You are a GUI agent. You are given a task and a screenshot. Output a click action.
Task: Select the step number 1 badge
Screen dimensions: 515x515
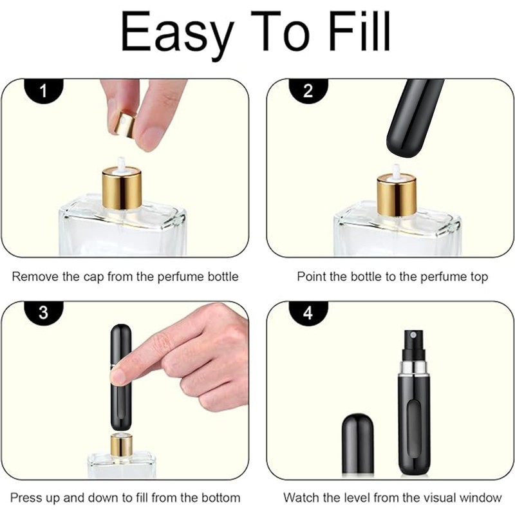[44, 91]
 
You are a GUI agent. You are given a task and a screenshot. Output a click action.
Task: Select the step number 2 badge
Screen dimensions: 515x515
[308, 91]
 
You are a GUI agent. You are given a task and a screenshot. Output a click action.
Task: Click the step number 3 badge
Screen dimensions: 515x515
[44, 313]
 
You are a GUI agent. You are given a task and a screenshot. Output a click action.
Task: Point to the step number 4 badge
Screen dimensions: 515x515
[308, 313]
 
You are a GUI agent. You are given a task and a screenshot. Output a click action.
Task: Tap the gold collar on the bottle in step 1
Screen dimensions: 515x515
[122, 188]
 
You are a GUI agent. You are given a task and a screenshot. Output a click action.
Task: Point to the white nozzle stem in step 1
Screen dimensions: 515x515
[122, 163]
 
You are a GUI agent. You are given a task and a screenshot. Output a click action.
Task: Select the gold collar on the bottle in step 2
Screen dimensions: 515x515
[397, 195]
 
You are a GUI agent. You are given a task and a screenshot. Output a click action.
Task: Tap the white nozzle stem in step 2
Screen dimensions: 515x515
[397, 169]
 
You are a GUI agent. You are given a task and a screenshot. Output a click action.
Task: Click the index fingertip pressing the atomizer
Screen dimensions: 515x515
[120, 375]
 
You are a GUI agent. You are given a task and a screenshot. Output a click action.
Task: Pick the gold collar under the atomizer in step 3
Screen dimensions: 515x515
[121, 445]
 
